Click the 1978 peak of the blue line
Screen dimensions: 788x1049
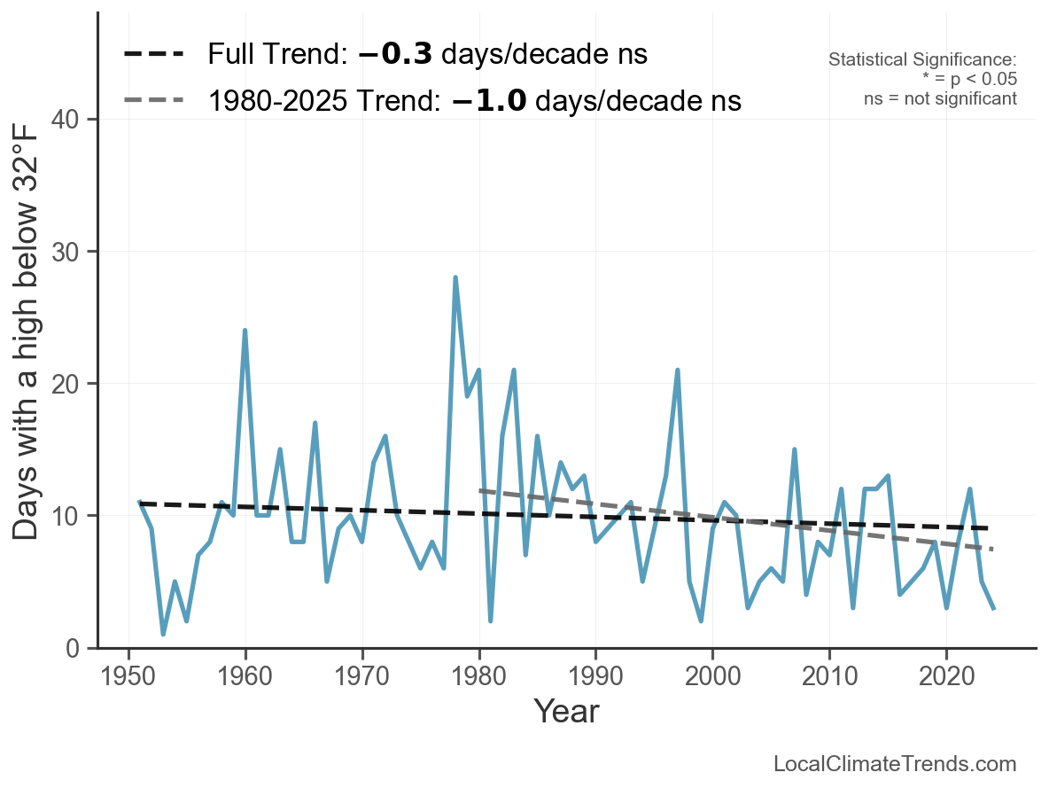click(x=455, y=278)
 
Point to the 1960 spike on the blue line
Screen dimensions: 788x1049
click(x=245, y=331)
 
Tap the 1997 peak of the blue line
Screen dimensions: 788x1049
click(x=678, y=371)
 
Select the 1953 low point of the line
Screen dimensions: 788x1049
click(x=163, y=634)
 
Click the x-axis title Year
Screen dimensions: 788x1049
click(x=566, y=712)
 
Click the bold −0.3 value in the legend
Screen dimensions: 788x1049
click(x=395, y=55)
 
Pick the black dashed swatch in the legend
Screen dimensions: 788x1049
click(x=153, y=54)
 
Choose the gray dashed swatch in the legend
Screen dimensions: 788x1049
click(x=153, y=100)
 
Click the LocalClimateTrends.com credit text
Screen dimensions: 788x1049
click(x=895, y=764)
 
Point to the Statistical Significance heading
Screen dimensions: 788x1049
click(x=922, y=60)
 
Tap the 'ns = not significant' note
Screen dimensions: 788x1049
click(x=940, y=98)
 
